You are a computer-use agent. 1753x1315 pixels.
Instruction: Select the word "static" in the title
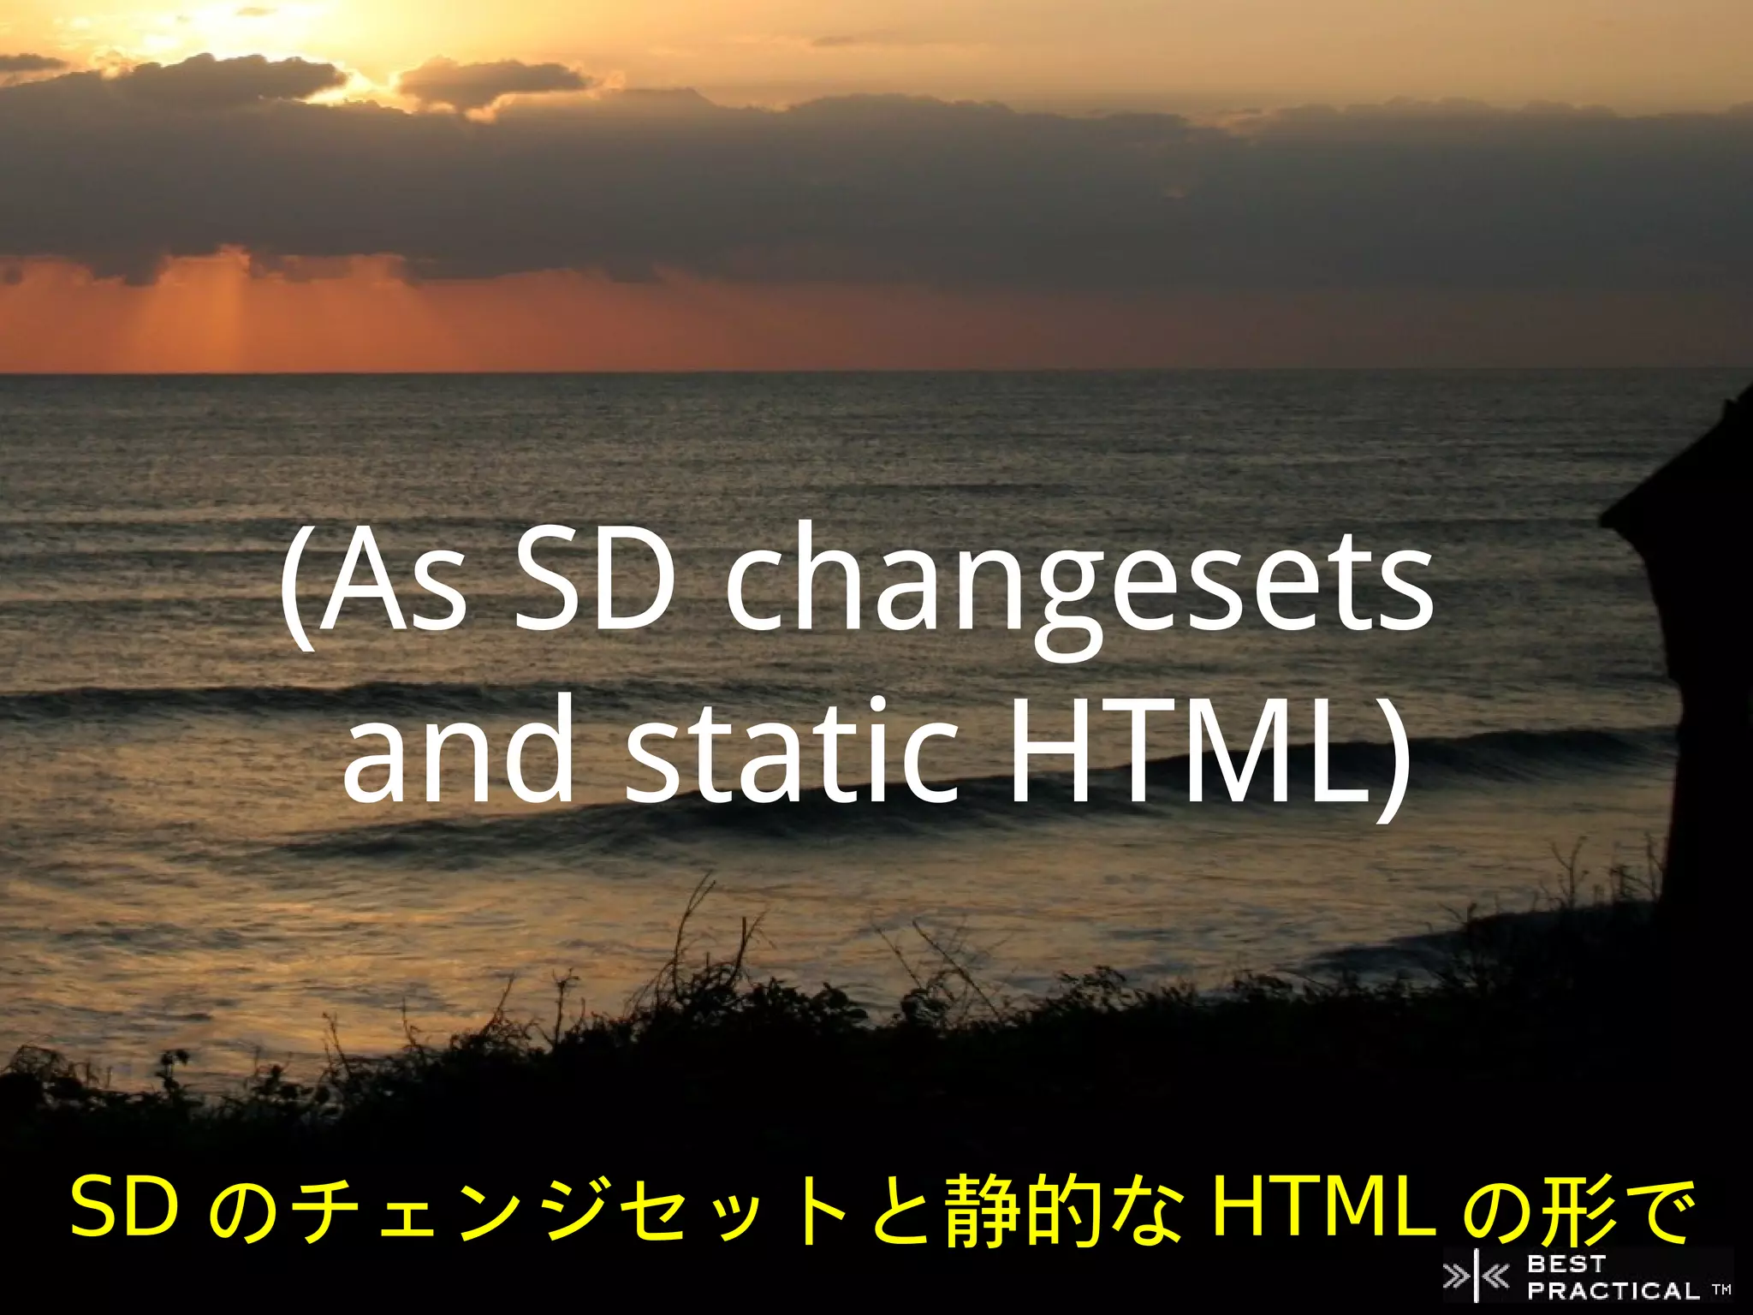[x=792, y=753]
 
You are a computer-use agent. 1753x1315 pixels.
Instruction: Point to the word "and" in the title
[x=458, y=753]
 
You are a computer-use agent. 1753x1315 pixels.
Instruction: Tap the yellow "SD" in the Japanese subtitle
[x=124, y=1208]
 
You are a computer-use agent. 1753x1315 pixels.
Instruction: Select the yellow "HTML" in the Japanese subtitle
[x=1323, y=1208]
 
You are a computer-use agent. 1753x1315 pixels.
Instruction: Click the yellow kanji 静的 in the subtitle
[x=1024, y=1210]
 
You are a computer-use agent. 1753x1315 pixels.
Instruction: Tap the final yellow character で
[x=1659, y=1210]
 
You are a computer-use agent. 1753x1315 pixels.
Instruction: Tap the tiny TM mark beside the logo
[x=1721, y=1289]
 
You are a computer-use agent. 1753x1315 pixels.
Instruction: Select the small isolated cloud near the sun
[x=492, y=83]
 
